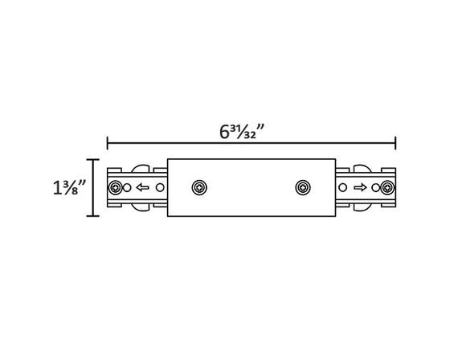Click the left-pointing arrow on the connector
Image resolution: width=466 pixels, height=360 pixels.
pos(141,188)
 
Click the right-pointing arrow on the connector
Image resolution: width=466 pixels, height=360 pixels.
pos(360,188)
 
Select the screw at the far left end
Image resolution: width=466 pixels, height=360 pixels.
pos(118,188)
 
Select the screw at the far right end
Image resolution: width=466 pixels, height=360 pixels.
pos(387,188)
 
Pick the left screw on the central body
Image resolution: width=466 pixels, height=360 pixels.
pos(198,188)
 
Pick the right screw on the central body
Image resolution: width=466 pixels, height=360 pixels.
pos(302,188)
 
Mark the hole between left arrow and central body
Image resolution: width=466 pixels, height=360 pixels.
pos(160,188)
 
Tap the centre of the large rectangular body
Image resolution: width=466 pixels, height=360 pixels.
pos(251,188)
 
